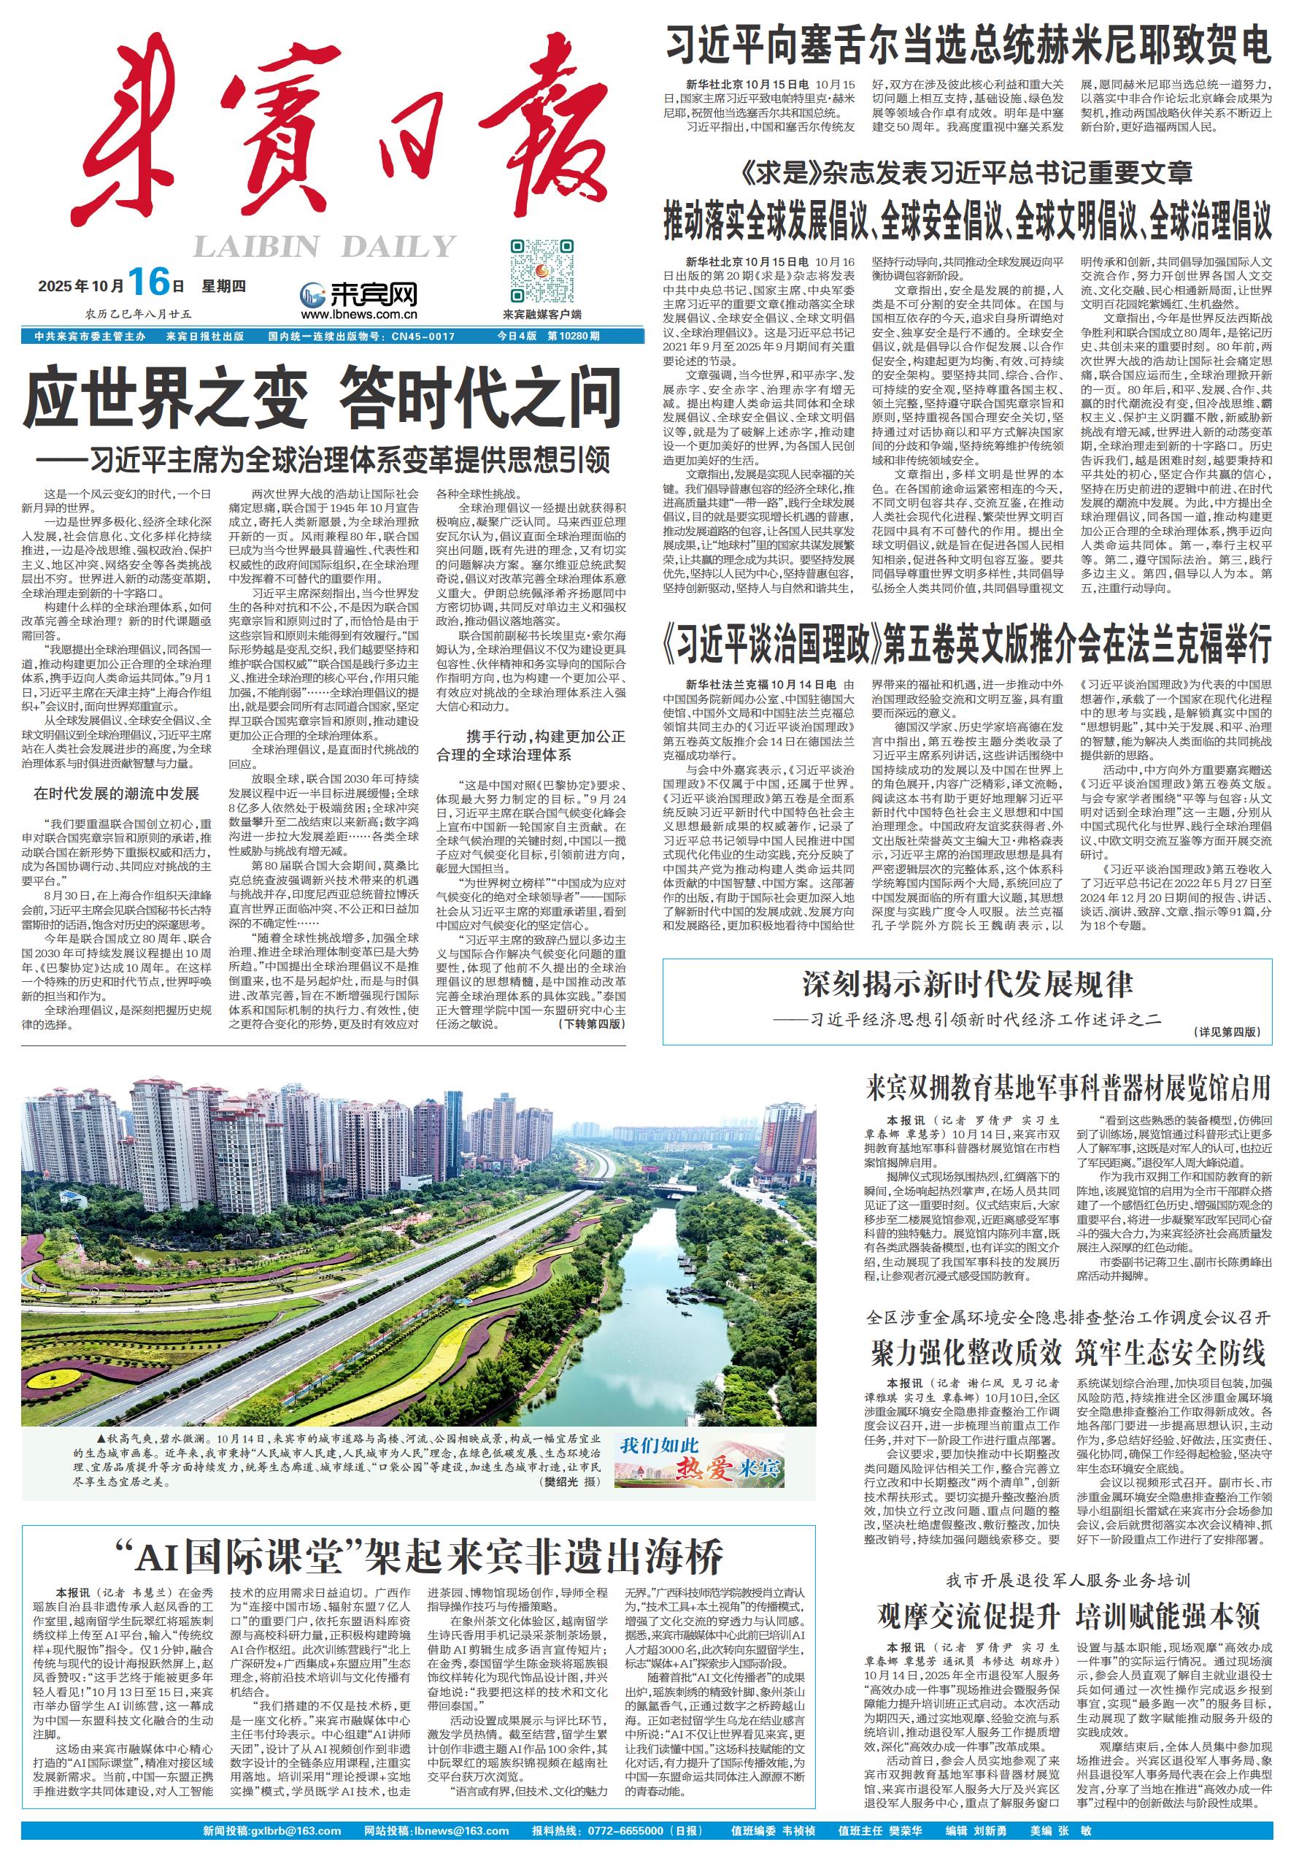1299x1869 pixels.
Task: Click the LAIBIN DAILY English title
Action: [324, 246]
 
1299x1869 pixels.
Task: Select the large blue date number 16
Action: [148, 283]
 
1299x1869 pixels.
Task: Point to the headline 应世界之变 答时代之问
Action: [323, 397]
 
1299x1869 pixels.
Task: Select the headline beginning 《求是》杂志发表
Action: [968, 172]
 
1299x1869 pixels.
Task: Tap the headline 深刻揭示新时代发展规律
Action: [967, 984]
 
